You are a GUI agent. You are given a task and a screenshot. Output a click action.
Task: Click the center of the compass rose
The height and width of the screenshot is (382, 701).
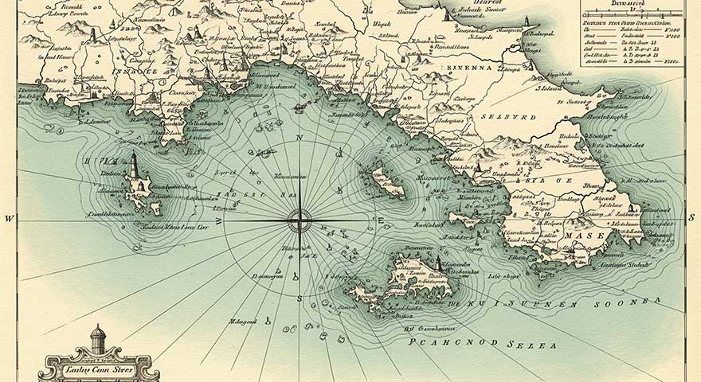[300, 220]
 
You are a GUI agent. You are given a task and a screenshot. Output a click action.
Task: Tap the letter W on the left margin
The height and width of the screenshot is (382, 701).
[10, 219]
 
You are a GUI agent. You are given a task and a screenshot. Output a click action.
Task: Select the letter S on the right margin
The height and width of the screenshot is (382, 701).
[691, 218]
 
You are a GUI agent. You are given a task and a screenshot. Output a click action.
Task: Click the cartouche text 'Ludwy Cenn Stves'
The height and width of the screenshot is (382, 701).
[100, 367]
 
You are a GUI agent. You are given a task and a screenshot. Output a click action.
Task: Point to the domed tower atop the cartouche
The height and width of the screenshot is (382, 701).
[97, 337]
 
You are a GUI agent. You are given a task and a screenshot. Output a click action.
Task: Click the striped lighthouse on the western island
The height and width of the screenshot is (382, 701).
[134, 165]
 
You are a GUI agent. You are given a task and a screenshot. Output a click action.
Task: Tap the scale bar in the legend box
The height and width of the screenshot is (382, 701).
[632, 14]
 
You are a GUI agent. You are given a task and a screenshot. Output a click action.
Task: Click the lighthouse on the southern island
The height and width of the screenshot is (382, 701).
[437, 263]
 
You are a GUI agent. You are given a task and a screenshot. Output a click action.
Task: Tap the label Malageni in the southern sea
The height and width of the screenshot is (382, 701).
[243, 321]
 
